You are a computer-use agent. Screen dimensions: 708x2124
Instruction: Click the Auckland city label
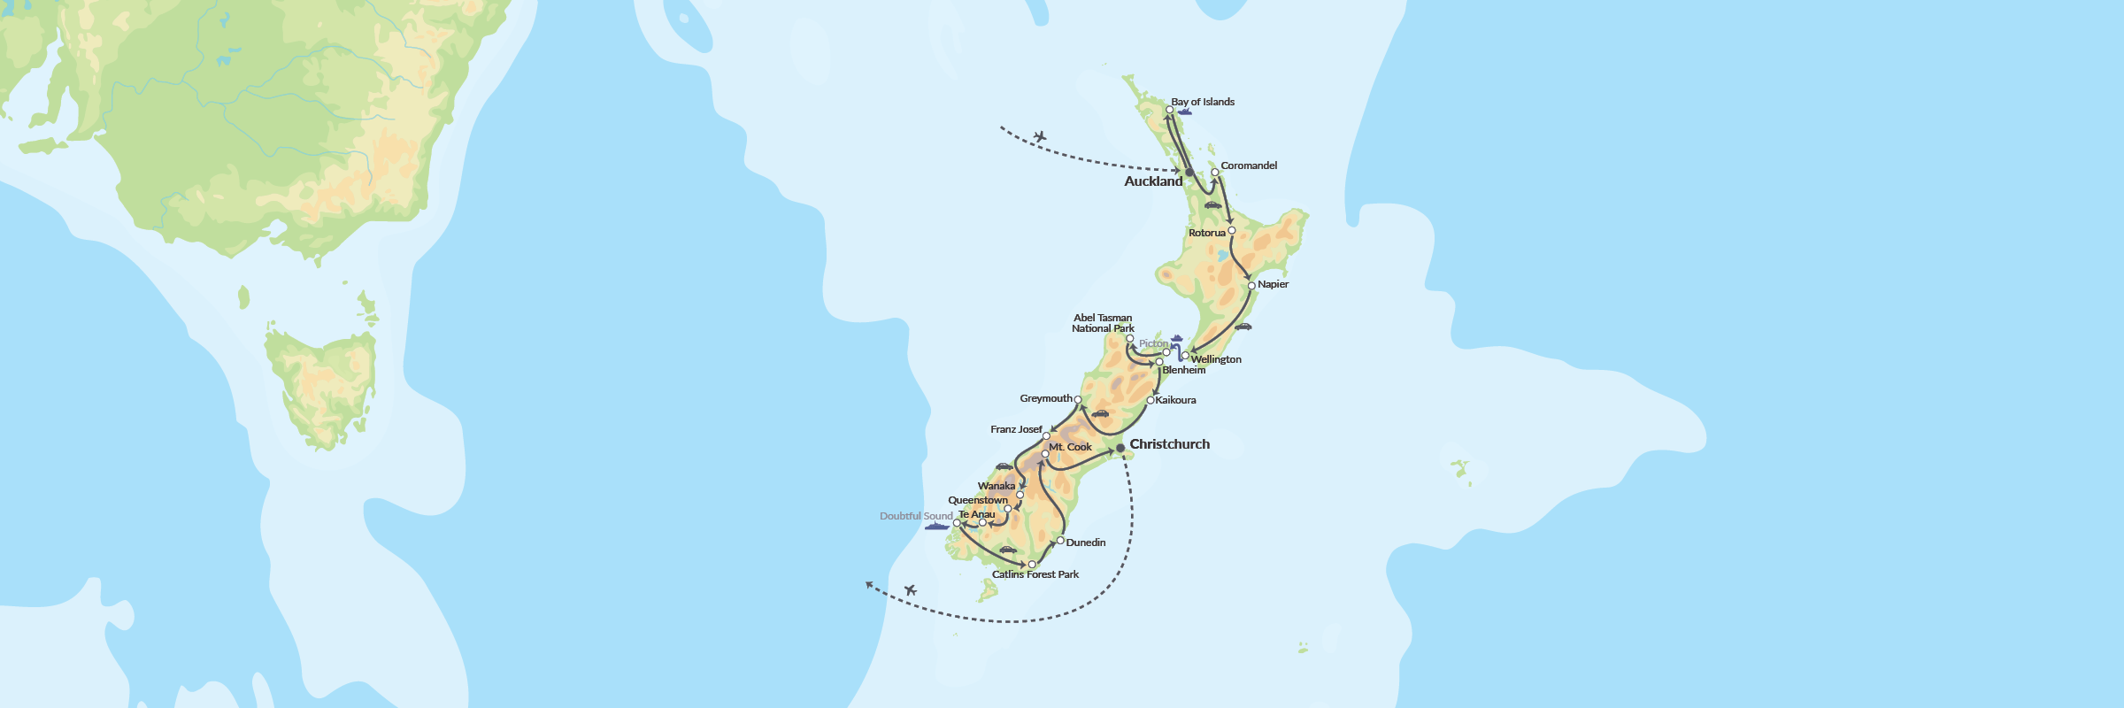pos(1153,181)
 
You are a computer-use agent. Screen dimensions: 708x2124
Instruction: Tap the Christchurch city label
pos(1169,444)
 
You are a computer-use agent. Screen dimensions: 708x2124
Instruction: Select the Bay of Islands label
pos(1203,102)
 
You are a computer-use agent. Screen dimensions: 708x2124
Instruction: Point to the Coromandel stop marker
pos(1215,173)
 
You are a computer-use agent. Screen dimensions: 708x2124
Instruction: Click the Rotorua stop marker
pos(1232,230)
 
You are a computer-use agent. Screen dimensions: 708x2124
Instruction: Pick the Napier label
pos(1273,284)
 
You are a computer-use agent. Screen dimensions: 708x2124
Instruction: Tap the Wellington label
pos(1216,359)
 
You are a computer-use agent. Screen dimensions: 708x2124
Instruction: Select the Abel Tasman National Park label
pos(1103,323)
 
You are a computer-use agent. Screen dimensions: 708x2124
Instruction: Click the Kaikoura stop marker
pos(1150,400)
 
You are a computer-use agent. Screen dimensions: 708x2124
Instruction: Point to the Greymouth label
pos(1045,398)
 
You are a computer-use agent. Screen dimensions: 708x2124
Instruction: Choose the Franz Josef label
pos(1016,429)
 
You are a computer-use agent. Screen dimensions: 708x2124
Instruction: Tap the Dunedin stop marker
pos(1060,540)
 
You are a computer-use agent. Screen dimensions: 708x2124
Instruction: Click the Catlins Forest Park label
pos(1035,574)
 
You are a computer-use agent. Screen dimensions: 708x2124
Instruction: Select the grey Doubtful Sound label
pos(916,516)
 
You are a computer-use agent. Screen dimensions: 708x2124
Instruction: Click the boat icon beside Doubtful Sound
pos(936,527)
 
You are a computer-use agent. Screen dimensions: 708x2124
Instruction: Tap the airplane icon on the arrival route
pos(1040,136)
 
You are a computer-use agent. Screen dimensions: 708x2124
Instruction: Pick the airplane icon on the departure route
pos(911,589)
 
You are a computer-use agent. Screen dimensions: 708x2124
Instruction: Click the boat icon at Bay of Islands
pos(1184,112)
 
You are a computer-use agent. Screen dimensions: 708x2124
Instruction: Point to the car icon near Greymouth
pos(1100,413)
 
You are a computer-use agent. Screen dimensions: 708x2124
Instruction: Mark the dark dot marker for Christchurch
pos(1120,449)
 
